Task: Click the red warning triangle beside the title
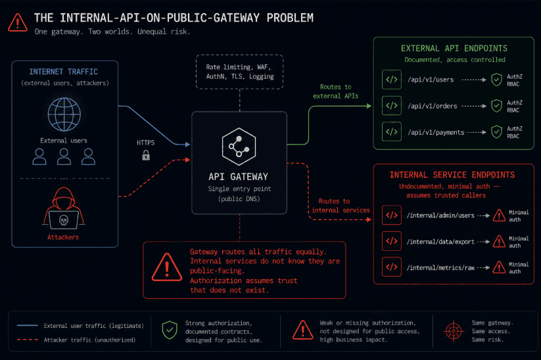click(x=18, y=23)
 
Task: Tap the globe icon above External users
click(x=64, y=114)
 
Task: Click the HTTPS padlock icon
click(x=146, y=155)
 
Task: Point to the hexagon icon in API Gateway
click(x=239, y=146)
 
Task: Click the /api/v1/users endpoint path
click(x=431, y=79)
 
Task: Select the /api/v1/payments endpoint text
click(x=436, y=133)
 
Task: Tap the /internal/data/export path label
click(x=440, y=242)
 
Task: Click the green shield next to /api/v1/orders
click(x=496, y=106)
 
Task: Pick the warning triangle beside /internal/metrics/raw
click(x=499, y=267)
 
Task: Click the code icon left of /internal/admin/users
click(x=392, y=215)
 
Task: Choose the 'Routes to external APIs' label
click(x=335, y=91)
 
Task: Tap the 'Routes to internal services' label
click(x=341, y=206)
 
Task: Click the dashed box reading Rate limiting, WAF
click(x=239, y=72)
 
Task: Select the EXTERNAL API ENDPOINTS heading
click(x=454, y=48)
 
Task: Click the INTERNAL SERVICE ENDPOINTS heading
click(x=452, y=175)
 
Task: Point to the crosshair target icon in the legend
click(x=454, y=331)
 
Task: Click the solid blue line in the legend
click(x=27, y=326)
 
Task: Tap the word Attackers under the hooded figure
click(x=63, y=237)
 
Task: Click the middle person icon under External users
click(x=64, y=156)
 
